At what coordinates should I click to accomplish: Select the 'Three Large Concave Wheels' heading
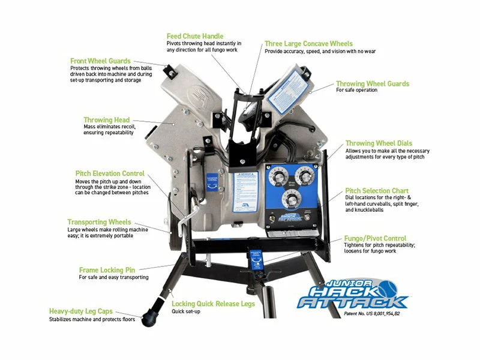point(308,44)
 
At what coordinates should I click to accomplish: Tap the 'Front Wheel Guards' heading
point(100,61)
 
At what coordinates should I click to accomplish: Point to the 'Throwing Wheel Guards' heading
point(372,84)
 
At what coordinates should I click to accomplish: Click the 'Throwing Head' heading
point(106,120)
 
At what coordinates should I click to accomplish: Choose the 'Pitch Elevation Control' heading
point(110,173)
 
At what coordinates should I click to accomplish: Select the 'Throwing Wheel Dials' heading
point(377,143)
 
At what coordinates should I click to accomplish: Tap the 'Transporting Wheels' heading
point(99,222)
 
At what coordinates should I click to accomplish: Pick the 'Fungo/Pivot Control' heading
point(375,238)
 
